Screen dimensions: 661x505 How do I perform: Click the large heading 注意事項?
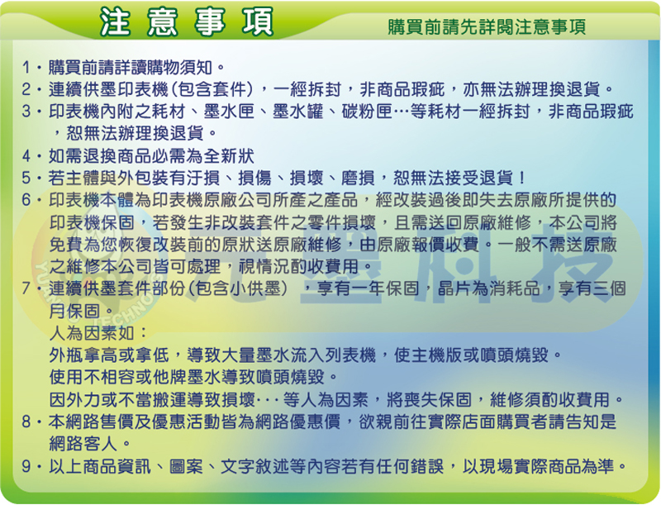187,22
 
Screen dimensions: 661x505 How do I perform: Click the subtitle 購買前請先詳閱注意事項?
487,27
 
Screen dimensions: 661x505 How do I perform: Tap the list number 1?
26,67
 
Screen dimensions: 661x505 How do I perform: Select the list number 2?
26,89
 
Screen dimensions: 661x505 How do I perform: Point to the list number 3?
26,112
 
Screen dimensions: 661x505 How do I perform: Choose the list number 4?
26,156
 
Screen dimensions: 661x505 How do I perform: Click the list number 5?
26,178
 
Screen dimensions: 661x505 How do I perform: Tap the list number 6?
26,200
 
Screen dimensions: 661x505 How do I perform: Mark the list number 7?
26,288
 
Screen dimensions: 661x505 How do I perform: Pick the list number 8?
26,422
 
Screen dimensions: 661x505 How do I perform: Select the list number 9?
26,466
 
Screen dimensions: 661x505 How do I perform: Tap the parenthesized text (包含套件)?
213,89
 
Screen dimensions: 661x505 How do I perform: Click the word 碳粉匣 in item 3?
367,112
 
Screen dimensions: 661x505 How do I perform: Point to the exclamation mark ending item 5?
522,178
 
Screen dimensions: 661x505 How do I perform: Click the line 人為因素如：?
97,333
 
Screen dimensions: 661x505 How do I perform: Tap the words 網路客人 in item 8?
83,444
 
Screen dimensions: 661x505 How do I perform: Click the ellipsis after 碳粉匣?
402,112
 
